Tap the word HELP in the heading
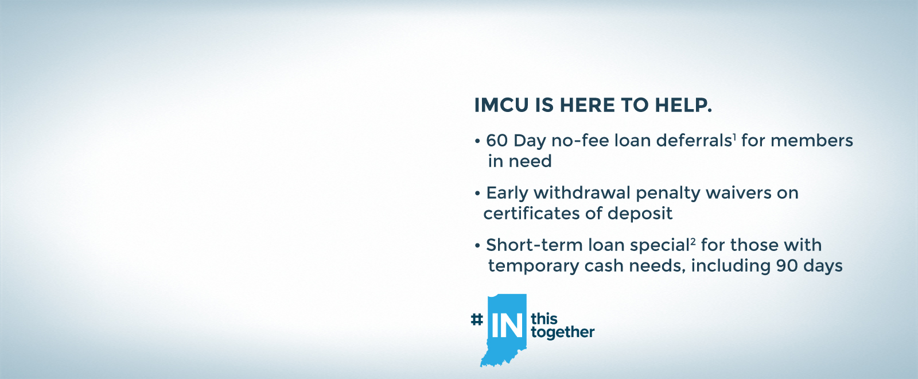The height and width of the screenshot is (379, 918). point(683,106)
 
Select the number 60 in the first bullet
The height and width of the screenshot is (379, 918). point(497,141)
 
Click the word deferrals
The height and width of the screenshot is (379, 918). point(694,141)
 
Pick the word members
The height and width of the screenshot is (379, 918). point(812,141)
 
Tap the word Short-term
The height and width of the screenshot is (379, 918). point(534,245)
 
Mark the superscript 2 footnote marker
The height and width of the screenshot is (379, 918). point(693,242)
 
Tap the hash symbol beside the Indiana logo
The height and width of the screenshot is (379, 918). point(477,319)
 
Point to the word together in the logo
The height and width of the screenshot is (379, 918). point(563,332)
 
